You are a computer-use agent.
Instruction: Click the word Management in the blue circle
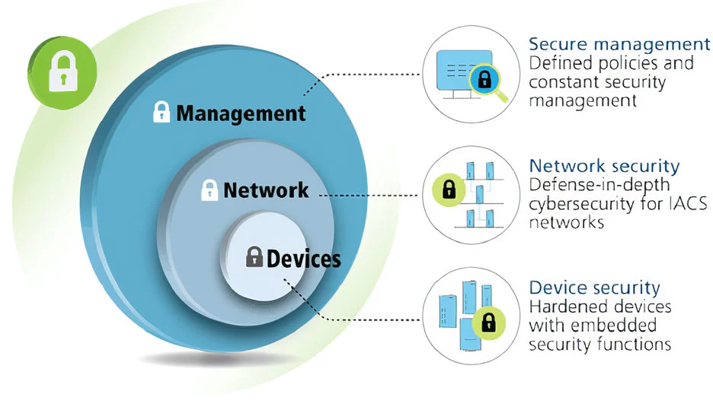tap(241, 114)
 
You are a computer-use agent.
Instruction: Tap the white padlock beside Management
tap(161, 112)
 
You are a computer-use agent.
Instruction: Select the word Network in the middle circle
tap(266, 189)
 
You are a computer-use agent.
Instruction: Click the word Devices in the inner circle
tap(303, 259)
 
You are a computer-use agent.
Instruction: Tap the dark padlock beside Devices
tap(254, 256)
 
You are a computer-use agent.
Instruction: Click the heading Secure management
tap(619, 43)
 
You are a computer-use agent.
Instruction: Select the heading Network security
tap(604, 166)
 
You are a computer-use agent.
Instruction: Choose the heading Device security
tap(594, 288)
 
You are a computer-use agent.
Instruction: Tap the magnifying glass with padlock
tap(484, 81)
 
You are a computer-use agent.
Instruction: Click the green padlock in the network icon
tap(448, 189)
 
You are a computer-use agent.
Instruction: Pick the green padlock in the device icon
tap(485, 323)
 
